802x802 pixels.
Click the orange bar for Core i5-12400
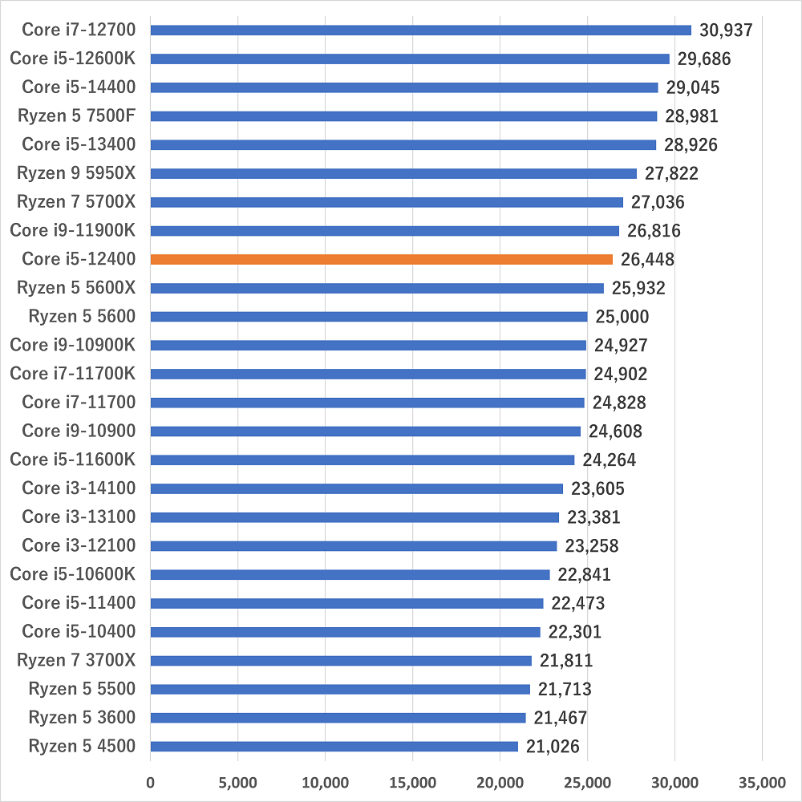point(381,259)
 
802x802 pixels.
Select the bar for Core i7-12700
point(420,30)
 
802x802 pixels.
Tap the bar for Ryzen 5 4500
point(334,746)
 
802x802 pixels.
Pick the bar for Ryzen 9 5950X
point(393,173)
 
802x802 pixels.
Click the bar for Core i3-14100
point(356,488)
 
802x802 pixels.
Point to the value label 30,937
point(726,30)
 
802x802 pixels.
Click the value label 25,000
point(622,317)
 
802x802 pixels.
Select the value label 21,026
point(553,747)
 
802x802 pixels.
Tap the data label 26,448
point(647,260)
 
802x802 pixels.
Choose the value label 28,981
point(691,116)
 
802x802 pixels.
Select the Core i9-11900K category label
point(73,231)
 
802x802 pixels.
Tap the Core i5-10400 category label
point(79,632)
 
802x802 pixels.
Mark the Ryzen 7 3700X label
point(76,660)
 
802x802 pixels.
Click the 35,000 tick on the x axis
point(761,782)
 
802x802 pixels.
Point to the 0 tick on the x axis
point(150,782)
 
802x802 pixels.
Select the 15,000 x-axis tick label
point(412,782)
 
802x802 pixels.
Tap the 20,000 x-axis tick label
point(500,782)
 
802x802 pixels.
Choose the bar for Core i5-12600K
point(410,59)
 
